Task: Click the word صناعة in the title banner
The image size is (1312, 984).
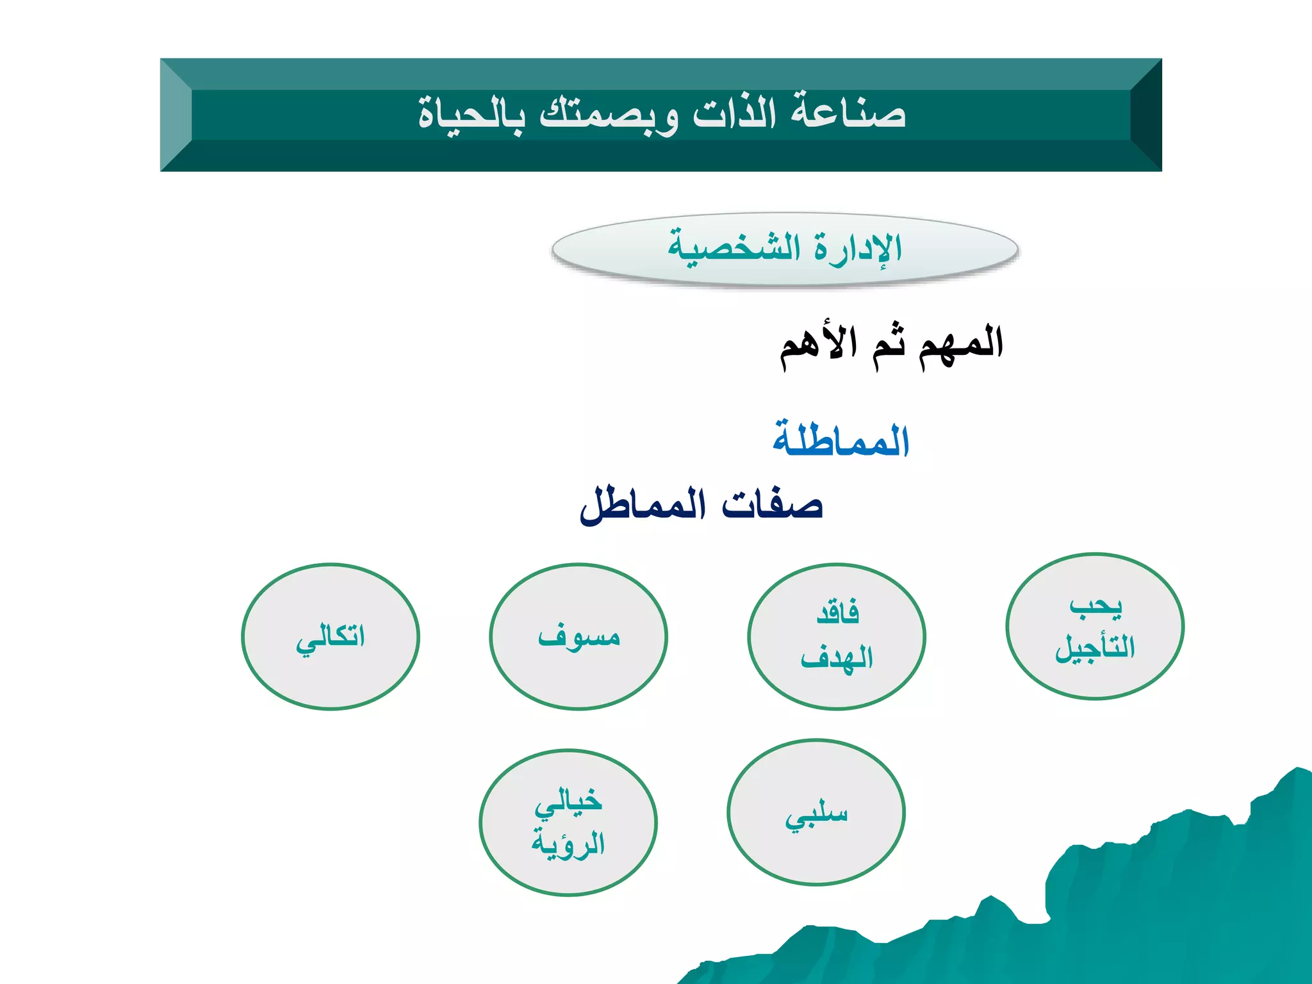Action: [848, 113]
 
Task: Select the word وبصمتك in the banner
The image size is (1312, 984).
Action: [609, 115]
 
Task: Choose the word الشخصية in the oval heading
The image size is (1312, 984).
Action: [734, 247]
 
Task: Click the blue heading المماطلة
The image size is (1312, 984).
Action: [841, 441]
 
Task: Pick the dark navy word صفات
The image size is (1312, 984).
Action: [772, 505]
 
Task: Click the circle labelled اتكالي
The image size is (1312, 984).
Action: [331, 637]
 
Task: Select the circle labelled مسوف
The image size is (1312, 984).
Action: [578, 637]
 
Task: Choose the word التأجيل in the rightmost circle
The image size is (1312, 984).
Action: [1095, 648]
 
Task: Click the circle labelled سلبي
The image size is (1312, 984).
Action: [816, 813]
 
